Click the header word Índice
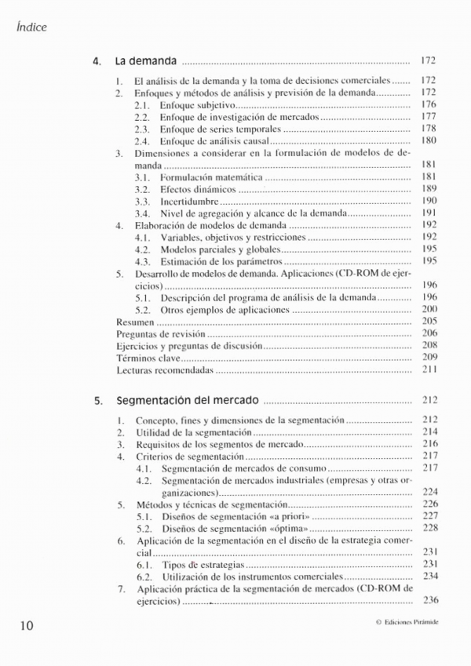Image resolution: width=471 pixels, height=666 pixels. click(x=31, y=27)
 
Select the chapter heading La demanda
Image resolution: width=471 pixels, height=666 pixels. click(x=146, y=60)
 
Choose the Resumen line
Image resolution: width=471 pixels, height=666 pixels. click(x=134, y=321)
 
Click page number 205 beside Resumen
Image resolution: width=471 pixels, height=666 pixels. click(x=429, y=321)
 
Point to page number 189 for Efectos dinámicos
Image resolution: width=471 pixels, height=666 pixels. click(x=429, y=189)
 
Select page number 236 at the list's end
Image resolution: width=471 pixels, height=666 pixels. click(x=429, y=601)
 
